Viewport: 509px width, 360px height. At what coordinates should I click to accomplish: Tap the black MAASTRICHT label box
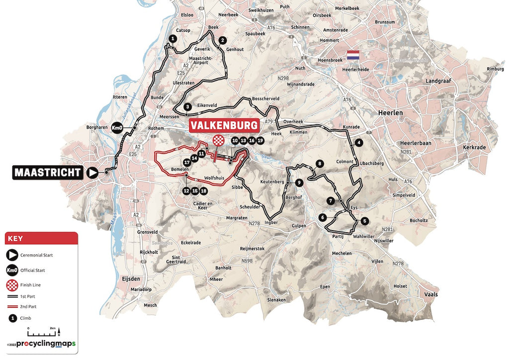coord(48,173)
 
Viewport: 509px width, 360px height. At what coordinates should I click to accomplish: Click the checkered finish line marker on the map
coord(217,141)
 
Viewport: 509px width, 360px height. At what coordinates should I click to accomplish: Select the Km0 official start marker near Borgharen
coord(118,128)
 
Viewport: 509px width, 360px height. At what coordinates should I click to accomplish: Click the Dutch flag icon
coord(353,54)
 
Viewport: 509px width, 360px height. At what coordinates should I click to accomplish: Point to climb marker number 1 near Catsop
coord(172,38)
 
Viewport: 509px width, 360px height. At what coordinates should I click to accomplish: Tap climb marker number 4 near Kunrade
coord(358,143)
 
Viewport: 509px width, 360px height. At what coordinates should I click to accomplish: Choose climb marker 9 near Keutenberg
coord(299,183)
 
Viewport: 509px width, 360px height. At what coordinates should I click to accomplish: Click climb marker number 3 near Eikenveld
coord(187,107)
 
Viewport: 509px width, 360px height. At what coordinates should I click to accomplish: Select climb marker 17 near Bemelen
coord(187,162)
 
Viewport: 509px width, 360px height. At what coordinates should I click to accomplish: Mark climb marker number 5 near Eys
coord(364,221)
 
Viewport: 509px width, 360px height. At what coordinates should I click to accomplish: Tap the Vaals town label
coord(431,295)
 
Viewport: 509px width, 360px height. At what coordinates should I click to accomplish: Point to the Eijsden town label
coord(128,280)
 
